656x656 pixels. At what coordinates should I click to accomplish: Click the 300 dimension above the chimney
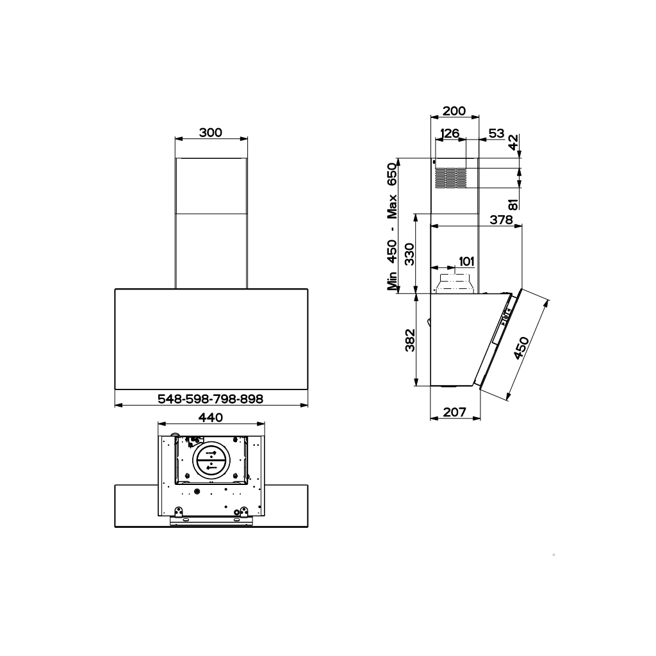[210, 133]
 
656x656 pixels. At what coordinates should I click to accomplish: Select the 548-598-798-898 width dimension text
[210, 398]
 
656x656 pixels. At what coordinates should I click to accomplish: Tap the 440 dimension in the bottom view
[211, 418]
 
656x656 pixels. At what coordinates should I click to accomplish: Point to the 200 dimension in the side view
[454, 111]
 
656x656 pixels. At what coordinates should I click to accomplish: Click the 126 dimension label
[450, 133]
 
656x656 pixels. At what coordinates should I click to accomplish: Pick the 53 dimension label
[496, 133]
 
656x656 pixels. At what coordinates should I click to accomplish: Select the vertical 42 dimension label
[513, 143]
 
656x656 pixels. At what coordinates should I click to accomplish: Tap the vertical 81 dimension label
[513, 204]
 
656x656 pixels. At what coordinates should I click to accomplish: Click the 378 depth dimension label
[501, 219]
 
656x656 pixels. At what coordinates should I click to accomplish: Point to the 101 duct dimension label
[466, 261]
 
